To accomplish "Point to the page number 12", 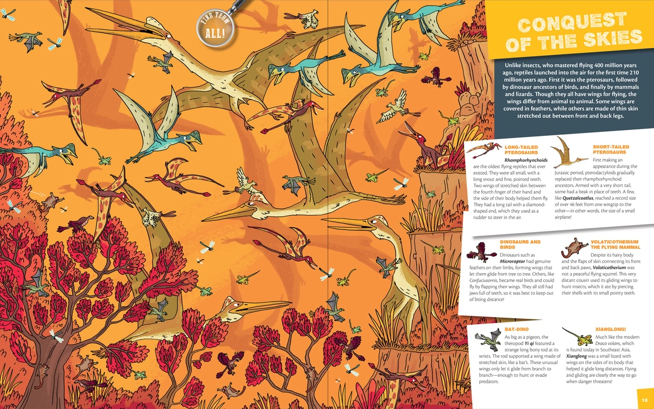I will pyautogui.click(x=643, y=400).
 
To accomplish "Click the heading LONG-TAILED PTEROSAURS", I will pyautogui.click(x=520, y=150).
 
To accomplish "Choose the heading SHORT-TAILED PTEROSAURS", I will pyautogui.click(x=611, y=150).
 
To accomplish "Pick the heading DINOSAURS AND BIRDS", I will pyautogui.click(x=520, y=245).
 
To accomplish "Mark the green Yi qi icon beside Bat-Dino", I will pyautogui.click(x=486, y=338).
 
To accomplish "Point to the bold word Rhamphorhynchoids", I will pyautogui.click(x=526, y=159).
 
